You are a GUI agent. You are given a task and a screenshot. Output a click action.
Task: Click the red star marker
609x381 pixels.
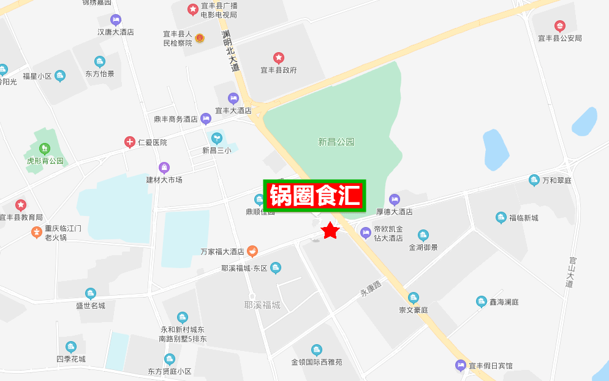coord(331,231)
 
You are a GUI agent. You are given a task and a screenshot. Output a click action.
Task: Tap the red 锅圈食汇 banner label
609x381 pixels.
coord(315,196)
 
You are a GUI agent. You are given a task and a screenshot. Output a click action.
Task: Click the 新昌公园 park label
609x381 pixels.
coord(336,142)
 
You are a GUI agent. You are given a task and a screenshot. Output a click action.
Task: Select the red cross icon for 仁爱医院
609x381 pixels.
coord(130,142)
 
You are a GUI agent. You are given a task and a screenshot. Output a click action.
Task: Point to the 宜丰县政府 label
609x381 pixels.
coord(278,70)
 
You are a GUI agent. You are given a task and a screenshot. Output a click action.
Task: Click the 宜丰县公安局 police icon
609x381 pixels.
coord(559,26)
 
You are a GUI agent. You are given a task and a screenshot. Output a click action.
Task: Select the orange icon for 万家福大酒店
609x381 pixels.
coord(252,251)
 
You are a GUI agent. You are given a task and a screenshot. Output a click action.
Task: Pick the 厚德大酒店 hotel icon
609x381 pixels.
coord(395,199)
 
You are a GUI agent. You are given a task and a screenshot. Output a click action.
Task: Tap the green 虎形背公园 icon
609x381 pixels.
coord(44,148)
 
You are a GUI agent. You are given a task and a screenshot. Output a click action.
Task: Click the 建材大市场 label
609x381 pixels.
coord(164,180)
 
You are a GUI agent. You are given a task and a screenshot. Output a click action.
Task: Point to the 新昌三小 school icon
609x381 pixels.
coord(216,138)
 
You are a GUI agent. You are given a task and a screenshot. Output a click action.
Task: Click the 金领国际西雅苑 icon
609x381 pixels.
coord(316,350)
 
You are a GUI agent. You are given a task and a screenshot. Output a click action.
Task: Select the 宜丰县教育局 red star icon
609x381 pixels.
coord(21,205)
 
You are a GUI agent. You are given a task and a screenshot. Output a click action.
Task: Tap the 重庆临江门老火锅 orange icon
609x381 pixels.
coord(37,233)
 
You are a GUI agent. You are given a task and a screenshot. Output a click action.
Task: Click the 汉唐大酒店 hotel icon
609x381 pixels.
coord(116,20)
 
